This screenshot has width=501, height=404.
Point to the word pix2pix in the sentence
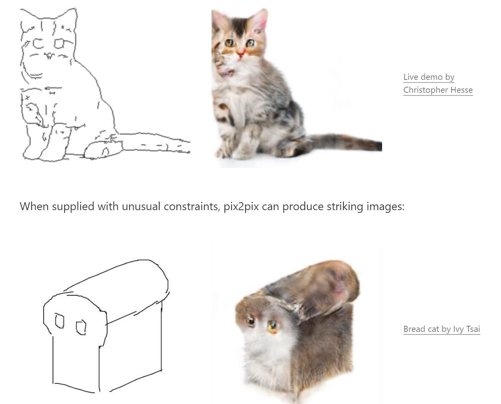pos(241,207)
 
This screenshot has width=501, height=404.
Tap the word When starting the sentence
pos(34,206)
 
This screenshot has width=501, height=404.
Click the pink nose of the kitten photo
pos(240,54)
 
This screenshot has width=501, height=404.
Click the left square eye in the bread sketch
pos(59,320)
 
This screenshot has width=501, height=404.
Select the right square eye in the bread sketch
pos(81,327)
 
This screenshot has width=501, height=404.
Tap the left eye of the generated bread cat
pos(250,320)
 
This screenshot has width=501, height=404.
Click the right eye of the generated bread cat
pos(272,326)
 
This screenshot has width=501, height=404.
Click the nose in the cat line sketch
pos(49,55)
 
